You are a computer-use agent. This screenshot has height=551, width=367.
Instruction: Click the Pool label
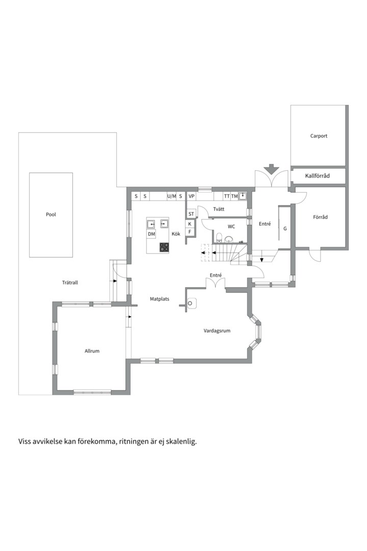(x=51, y=214)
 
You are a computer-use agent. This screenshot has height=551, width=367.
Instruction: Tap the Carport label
(x=319, y=136)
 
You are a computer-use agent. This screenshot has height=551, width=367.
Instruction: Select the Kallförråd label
(x=318, y=176)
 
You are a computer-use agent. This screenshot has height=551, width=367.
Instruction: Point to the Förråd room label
(x=320, y=217)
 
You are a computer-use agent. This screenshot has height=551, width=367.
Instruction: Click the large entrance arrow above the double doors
(x=272, y=169)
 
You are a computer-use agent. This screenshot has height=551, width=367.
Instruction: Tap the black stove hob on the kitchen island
(x=164, y=247)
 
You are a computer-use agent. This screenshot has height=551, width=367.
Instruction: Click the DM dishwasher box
(x=151, y=234)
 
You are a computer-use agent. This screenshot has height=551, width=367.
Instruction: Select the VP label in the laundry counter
(x=192, y=196)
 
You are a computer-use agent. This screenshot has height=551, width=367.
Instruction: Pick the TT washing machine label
(x=227, y=196)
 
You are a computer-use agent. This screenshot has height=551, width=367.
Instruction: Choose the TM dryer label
(x=234, y=196)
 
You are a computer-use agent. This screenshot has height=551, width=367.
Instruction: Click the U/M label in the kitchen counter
(x=171, y=196)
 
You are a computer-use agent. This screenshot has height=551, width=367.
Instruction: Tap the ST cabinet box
(x=191, y=214)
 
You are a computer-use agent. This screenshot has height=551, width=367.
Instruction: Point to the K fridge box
(x=190, y=224)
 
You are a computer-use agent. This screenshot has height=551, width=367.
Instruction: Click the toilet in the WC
(x=219, y=238)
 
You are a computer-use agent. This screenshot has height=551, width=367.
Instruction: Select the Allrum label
(x=92, y=350)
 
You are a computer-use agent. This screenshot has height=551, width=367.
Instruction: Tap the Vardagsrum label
(x=217, y=331)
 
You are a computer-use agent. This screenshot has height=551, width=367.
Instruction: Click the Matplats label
(x=160, y=299)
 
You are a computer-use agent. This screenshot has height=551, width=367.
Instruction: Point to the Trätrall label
(x=70, y=283)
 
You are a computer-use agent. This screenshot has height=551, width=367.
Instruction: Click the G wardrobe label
(x=285, y=229)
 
